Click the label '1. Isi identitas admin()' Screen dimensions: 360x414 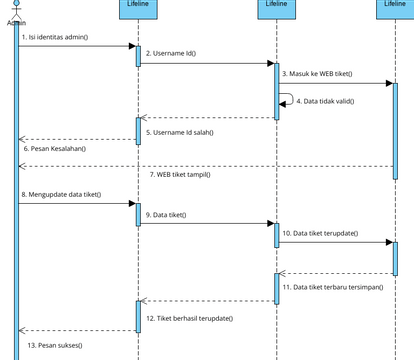point(55,37)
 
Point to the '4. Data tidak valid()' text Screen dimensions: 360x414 point(326,101)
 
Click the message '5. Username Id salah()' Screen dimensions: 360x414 point(179,131)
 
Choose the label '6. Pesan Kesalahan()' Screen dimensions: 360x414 point(55,148)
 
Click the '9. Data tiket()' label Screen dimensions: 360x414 point(171,214)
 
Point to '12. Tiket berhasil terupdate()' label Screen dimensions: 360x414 point(189,317)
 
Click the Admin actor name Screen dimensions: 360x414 point(16,22)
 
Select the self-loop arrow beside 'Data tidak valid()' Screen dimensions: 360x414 point(288,100)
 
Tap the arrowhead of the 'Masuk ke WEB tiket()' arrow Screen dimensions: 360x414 point(388,83)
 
